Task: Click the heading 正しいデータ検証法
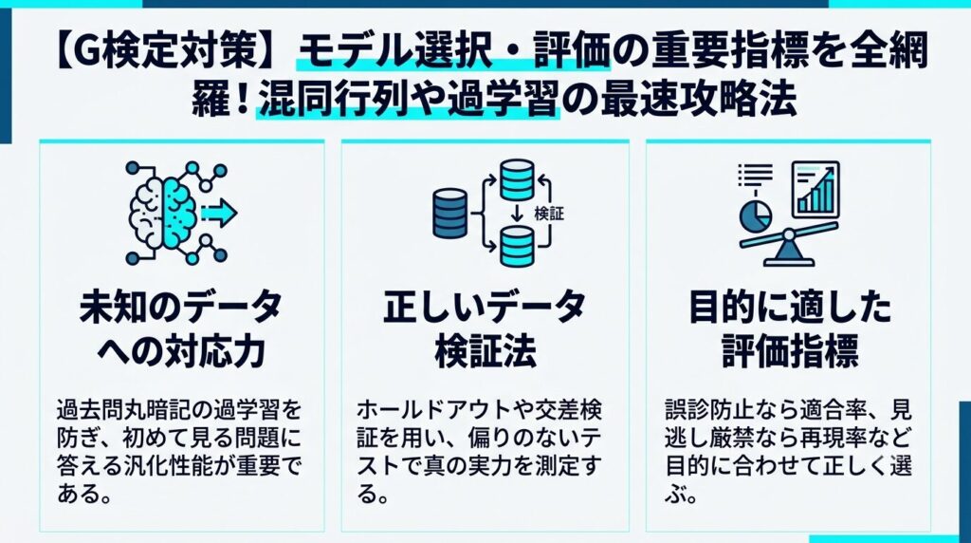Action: pos(485,328)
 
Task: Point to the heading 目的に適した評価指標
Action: pos(790,328)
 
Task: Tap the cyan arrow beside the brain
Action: pos(219,213)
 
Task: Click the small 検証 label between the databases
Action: pos(549,214)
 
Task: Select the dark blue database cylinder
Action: pos(450,214)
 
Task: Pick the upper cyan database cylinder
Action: pos(517,179)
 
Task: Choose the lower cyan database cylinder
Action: pos(517,246)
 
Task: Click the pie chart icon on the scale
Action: pos(756,215)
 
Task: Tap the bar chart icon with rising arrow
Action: pos(815,189)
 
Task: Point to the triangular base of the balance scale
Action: pos(788,254)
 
